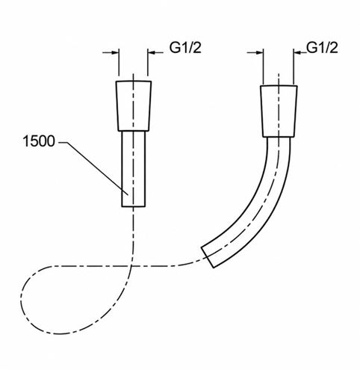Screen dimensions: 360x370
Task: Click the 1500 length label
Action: tap(39, 141)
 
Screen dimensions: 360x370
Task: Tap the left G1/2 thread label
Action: tap(185, 47)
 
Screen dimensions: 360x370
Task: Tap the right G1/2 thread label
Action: tap(322, 47)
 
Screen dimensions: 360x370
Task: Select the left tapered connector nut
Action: tap(134, 106)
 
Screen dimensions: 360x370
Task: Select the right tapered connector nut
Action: tap(279, 111)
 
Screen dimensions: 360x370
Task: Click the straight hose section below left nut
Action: tap(134, 169)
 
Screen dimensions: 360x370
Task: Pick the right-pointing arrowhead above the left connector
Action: tap(115, 52)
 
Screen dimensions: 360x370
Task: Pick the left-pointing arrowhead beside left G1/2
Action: tap(152, 52)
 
